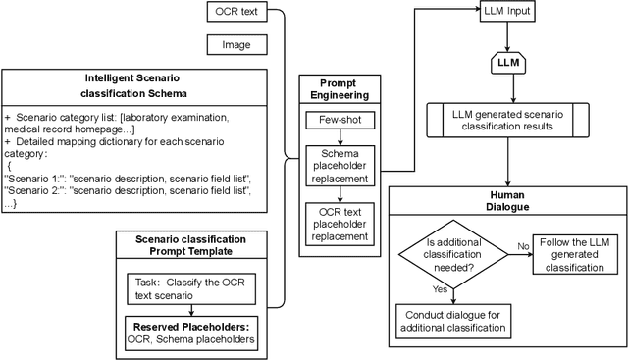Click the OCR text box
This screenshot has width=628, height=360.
pos(235,14)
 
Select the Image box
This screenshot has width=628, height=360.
pos(235,44)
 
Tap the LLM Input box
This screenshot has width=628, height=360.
pos(506,14)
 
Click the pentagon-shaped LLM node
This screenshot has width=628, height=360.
pos(506,64)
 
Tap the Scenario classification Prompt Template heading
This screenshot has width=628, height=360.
pos(192,245)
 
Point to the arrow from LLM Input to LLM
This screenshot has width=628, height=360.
pos(506,37)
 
